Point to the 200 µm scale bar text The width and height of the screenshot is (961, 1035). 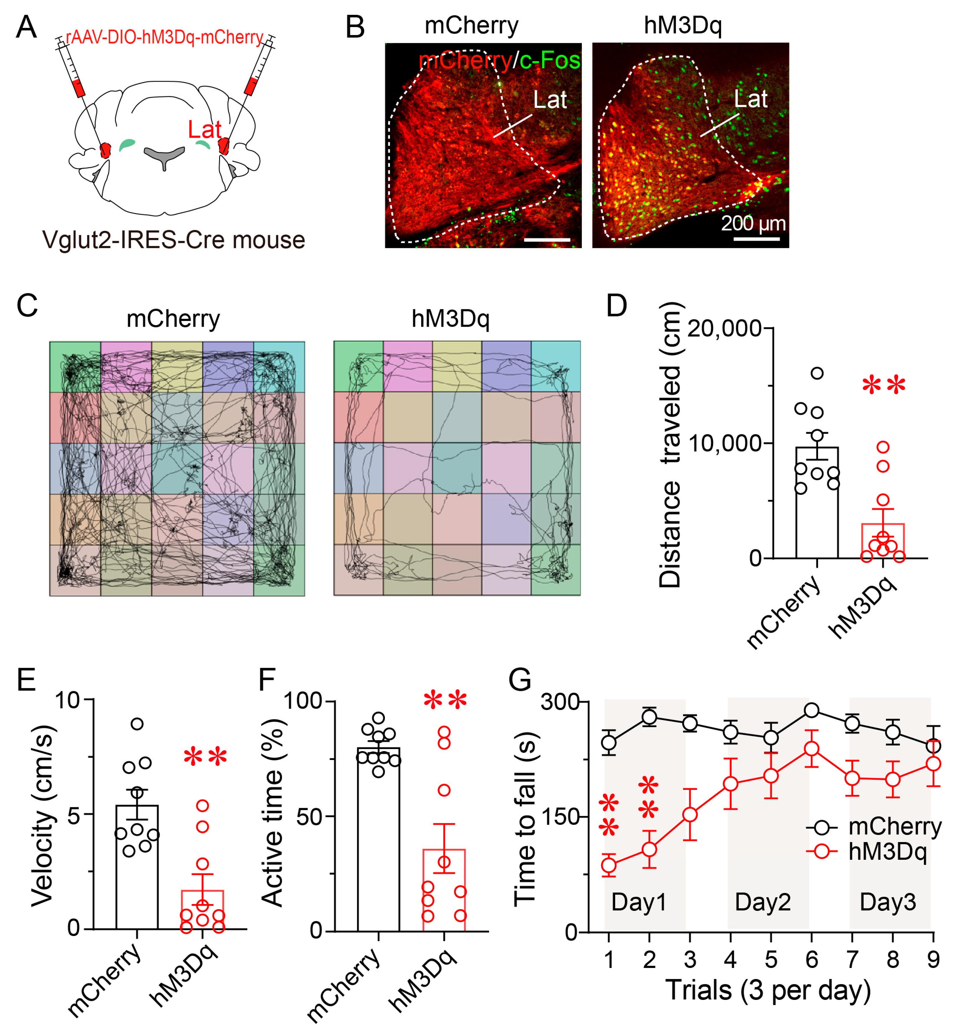click(x=753, y=224)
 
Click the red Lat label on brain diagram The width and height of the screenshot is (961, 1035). click(x=204, y=130)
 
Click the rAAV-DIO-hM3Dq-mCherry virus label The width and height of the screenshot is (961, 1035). click(x=164, y=37)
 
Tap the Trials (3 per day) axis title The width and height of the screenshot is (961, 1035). click(x=768, y=990)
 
